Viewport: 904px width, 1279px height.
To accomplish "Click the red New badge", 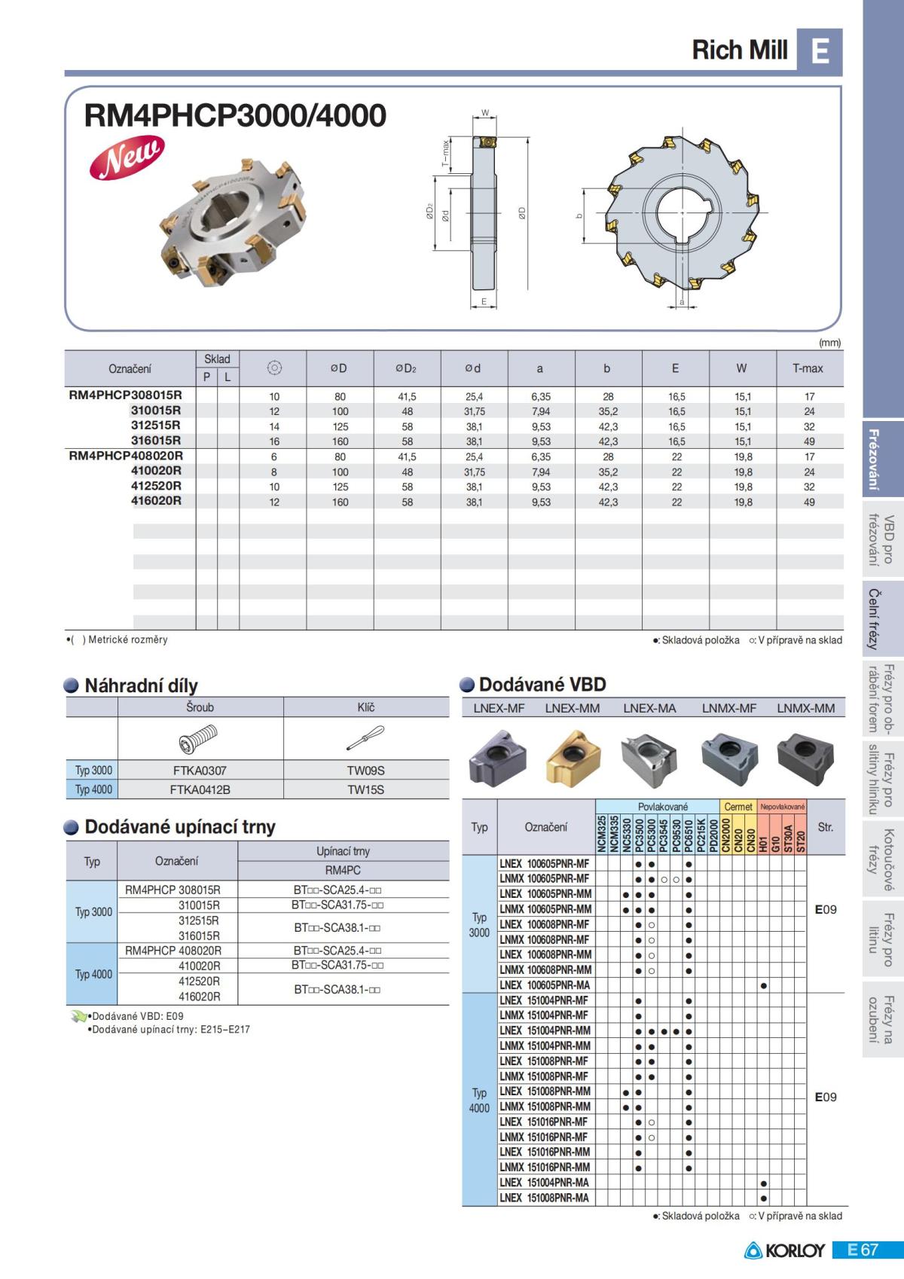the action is click(127, 157).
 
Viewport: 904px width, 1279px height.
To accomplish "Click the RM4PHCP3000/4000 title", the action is click(235, 115).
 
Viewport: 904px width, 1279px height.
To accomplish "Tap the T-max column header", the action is click(808, 368).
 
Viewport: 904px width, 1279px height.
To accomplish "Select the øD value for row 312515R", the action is click(340, 426).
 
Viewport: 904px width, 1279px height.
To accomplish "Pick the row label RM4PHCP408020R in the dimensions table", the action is click(126, 456).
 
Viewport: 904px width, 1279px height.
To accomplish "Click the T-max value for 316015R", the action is click(808, 441).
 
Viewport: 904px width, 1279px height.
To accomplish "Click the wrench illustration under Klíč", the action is click(365, 737).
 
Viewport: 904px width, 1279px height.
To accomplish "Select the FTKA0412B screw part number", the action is click(200, 789).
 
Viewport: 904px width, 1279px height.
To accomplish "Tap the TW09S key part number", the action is click(365, 771).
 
